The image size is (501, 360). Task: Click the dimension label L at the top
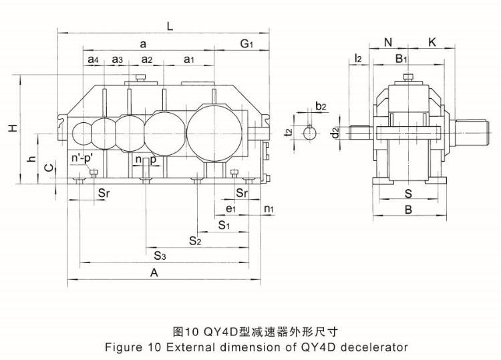coord(170,26)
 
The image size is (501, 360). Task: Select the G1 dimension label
coord(246,43)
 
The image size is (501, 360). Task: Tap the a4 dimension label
coord(93,59)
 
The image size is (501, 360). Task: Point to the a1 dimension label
coord(189,59)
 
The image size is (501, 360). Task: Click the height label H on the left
coord(13,128)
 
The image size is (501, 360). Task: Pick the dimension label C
coord(49,168)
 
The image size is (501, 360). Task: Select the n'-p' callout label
coord(82,158)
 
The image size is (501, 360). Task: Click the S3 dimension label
coord(160,256)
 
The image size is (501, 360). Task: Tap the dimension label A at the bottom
coord(154,273)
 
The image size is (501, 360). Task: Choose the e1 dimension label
coord(230,208)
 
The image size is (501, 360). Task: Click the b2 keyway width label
coord(321,106)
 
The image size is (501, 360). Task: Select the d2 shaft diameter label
coord(335,132)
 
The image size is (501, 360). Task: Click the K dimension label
coord(432,42)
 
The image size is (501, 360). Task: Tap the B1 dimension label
coord(401,59)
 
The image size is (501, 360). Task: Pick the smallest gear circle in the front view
coord(82,133)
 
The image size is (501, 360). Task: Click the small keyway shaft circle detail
coord(309,133)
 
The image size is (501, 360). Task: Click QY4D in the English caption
coord(318,347)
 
